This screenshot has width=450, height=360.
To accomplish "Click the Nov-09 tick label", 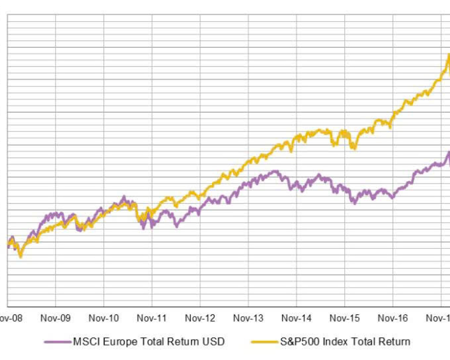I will click(x=55, y=318).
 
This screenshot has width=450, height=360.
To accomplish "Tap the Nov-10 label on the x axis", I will click(x=103, y=318).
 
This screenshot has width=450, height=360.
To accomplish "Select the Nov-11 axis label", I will click(x=152, y=318).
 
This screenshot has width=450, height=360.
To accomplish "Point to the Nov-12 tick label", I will click(x=200, y=318).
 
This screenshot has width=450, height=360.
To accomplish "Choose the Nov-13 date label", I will click(x=248, y=318).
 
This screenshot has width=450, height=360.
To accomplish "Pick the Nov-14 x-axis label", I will click(x=296, y=318).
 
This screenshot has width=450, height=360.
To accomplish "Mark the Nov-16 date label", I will click(x=392, y=318).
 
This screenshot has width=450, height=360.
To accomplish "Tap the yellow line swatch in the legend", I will click(x=265, y=342).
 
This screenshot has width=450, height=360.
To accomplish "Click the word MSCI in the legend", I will click(x=85, y=342).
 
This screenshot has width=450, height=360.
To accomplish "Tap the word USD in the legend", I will click(x=214, y=342).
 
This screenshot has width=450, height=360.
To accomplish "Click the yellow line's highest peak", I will click(x=448, y=55).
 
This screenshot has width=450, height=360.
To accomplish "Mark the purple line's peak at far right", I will click(x=448, y=152).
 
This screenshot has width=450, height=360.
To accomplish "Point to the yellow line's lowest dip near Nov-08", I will click(x=20, y=256).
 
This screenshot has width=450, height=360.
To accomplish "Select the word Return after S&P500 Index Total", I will click(x=393, y=342).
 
